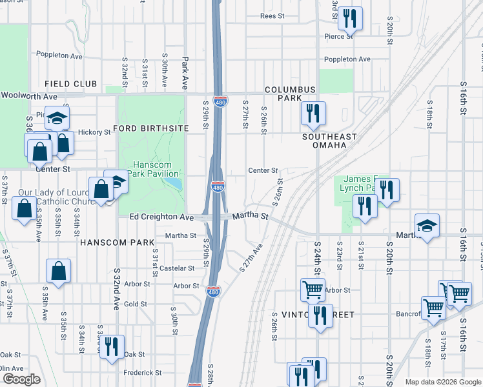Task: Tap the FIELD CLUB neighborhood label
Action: [x=70, y=84]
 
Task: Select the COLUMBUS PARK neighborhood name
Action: [x=289, y=94]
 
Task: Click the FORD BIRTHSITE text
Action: [x=150, y=128]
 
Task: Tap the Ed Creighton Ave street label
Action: [x=161, y=217]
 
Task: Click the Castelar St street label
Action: [x=177, y=268]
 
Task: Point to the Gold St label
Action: [x=136, y=304]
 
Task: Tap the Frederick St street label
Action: [x=143, y=372]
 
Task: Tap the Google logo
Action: [x=21, y=379]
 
